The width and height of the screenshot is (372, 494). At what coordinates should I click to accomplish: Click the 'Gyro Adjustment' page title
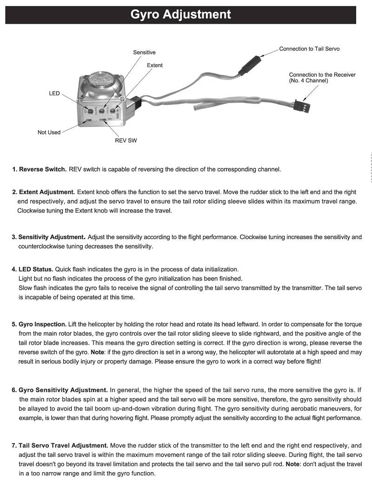coord(180,14)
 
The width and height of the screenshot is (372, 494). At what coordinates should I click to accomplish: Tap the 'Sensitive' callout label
coord(144,53)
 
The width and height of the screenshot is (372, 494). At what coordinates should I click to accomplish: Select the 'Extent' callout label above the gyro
coord(155,66)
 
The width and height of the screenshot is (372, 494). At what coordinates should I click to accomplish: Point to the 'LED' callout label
coord(54,93)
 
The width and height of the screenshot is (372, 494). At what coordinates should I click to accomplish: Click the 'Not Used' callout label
coord(49,133)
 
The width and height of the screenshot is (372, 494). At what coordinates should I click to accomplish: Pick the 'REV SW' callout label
coord(126,140)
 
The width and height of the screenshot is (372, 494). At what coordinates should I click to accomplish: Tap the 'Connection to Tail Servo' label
coord(309,49)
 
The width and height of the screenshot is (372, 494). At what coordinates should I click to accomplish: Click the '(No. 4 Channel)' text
coord(309,81)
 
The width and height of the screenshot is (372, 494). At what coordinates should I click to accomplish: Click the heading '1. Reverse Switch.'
coord(40,169)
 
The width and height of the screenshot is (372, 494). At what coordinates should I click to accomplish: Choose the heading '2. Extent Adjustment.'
coord(44,192)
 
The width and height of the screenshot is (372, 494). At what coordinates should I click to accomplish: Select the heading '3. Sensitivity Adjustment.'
coord(49,237)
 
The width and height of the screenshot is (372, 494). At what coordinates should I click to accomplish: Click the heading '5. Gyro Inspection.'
coord(40,324)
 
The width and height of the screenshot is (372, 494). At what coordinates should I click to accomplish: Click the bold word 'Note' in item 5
coord(98,352)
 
